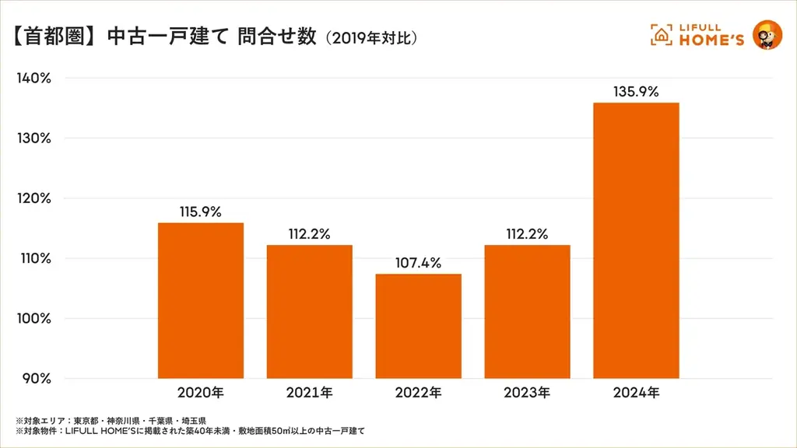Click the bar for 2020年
(x=200, y=300)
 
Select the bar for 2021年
(x=309, y=311)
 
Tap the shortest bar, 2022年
(x=418, y=326)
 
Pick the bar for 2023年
(x=527, y=311)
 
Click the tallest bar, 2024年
(x=636, y=240)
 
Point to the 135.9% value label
(x=636, y=91)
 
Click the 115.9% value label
(x=200, y=211)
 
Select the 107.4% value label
(x=418, y=263)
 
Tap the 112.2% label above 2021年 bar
(x=309, y=233)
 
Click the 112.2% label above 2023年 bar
(x=527, y=233)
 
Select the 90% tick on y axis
(x=36, y=379)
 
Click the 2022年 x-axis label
(x=418, y=393)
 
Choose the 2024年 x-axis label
(x=636, y=393)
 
